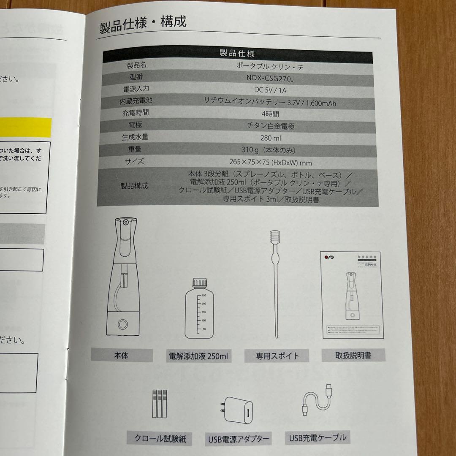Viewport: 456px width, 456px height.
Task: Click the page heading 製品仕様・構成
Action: (143, 23)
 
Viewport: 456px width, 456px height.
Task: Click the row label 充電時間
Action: (136, 113)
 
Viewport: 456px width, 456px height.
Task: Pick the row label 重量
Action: (135, 149)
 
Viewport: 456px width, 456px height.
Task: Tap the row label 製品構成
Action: (134, 186)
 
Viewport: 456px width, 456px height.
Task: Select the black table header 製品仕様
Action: (237, 54)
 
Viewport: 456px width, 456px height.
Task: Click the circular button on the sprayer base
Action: (123, 324)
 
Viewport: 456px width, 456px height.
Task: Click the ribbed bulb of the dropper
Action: (275, 237)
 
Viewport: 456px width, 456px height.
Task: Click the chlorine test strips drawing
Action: (159, 404)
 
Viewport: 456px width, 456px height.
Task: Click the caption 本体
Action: (122, 356)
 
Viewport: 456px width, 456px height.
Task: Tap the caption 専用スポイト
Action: (277, 356)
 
